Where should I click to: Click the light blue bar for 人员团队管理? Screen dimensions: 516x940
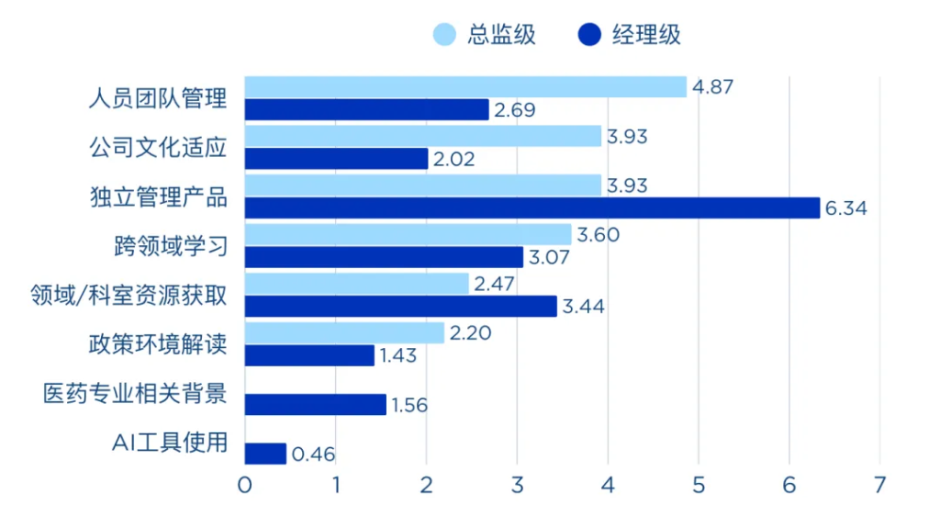pos(465,87)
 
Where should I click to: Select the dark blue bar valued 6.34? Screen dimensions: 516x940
pos(532,208)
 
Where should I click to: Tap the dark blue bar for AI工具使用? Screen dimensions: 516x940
pos(265,454)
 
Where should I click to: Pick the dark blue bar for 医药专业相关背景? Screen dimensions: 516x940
pos(316,404)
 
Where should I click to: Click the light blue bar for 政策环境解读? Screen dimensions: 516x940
pos(344,332)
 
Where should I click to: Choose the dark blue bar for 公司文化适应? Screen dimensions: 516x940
pos(336,159)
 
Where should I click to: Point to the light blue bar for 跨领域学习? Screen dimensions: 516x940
pos(408,235)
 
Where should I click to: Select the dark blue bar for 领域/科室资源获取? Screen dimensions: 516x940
pos(400,306)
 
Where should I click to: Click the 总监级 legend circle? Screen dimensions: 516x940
pos(445,35)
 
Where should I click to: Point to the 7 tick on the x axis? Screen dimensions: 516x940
pos(879,484)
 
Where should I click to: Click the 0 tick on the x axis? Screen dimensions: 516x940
pos(244,484)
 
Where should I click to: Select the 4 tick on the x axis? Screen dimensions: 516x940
pos(608,484)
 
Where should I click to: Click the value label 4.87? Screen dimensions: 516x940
pos(713,87)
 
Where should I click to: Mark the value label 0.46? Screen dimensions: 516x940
pos(313,454)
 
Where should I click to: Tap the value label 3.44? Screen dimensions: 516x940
pos(584,306)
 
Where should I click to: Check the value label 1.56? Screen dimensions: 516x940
pos(409,404)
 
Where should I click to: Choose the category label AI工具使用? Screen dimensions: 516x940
pos(169,443)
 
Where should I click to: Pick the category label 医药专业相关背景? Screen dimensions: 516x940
pos(135,393)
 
